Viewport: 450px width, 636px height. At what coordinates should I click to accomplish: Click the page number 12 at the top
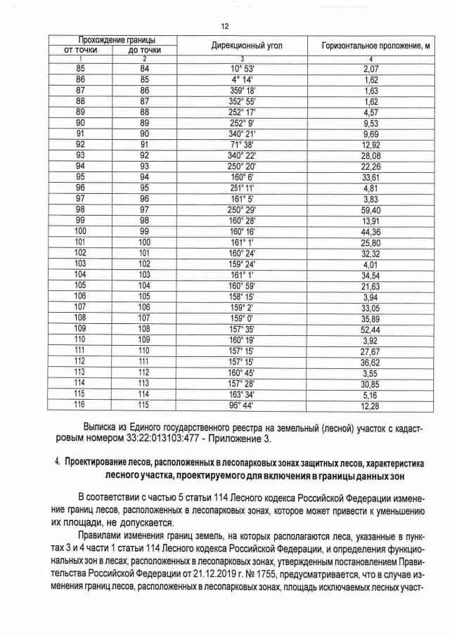tap(225, 26)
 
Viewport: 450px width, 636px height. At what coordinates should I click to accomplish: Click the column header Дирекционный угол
tap(242, 45)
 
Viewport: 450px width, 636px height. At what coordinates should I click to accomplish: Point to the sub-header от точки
tap(80, 51)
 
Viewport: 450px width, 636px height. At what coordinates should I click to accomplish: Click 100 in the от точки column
tap(80, 231)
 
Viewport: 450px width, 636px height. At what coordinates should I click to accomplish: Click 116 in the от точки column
tap(80, 405)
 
